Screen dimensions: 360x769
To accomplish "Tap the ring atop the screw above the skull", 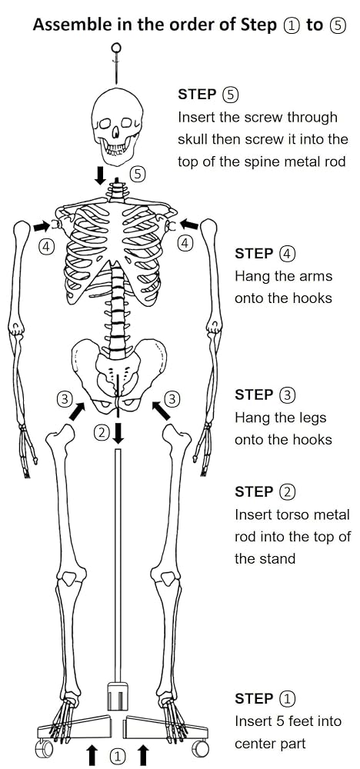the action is [x=116, y=48].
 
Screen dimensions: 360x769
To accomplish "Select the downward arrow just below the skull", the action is [x=100, y=175].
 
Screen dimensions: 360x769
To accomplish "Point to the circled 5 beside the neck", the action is [x=138, y=173].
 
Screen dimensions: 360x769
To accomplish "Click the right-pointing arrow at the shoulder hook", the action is [x=42, y=226].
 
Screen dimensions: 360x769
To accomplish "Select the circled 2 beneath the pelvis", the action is [x=102, y=432].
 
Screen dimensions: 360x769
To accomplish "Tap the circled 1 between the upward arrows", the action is [x=117, y=756].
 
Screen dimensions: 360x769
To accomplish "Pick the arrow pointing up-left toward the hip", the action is [x=162, y=411].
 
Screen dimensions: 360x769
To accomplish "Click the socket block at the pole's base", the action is [x=117, y=695].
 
